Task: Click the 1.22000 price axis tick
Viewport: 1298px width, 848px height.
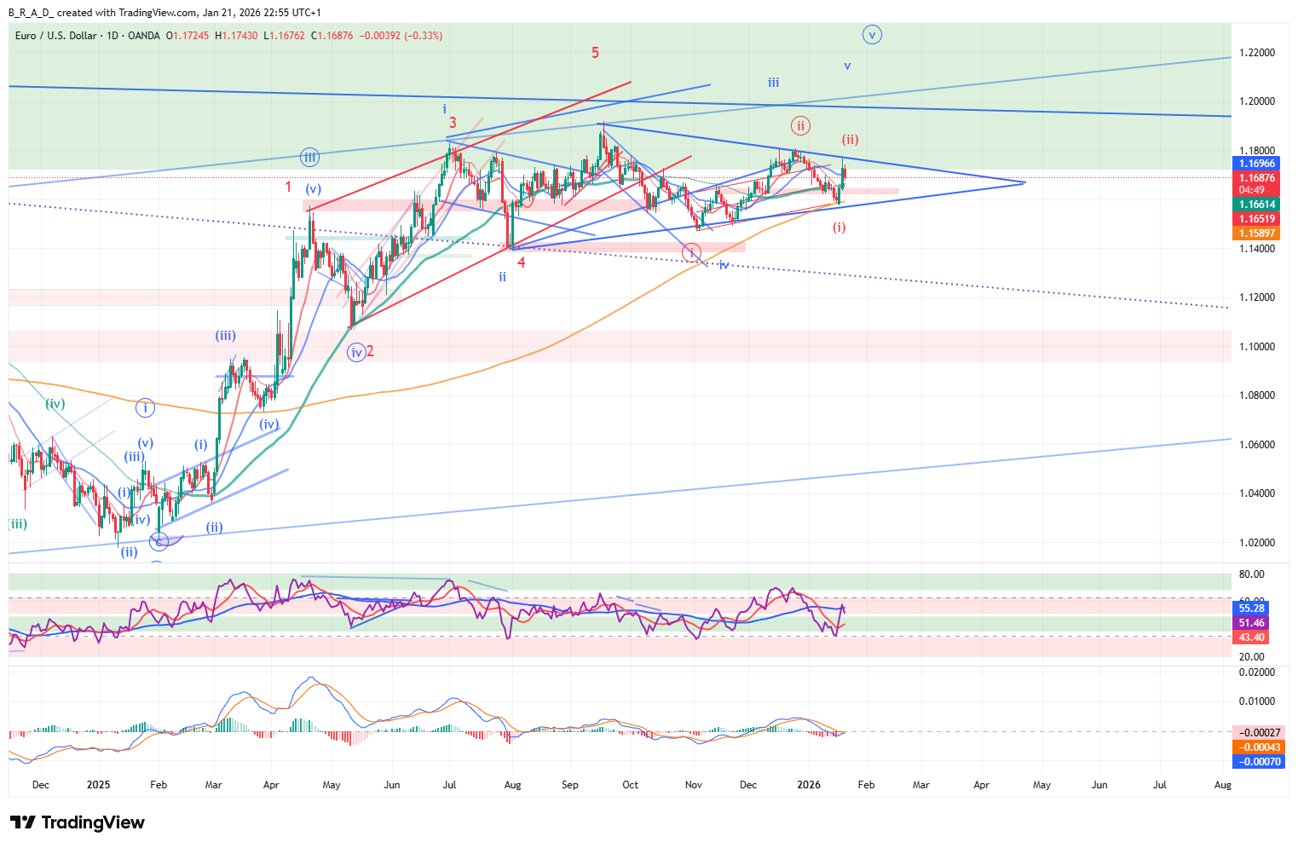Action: (1256, 53)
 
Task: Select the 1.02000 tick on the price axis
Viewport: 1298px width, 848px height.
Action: (1256, 543)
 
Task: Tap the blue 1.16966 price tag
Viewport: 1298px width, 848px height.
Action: (1257, 164)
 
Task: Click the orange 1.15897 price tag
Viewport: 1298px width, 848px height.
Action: (1257, 234)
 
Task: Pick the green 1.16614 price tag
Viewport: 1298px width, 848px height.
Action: (1257, 205)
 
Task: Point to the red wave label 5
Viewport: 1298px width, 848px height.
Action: (595, 53)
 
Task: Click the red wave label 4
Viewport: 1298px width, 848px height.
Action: (522, 262)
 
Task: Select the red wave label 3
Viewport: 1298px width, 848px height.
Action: (453, 123)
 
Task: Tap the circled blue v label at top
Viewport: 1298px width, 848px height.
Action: (871, 35)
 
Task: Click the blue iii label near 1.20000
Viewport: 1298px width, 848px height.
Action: (773, 83)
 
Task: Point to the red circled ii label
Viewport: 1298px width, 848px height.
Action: (799, 126)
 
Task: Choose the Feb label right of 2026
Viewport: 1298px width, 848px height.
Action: (866, 785)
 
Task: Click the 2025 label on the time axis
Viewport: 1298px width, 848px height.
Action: (98, 785)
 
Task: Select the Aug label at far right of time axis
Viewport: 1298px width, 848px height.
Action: (1222, 785)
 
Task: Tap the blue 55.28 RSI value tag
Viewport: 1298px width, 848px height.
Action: (1251, 609)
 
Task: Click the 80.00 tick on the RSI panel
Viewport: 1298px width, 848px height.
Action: (1251, 574)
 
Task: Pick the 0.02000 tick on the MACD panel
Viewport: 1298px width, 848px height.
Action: (1256, 672)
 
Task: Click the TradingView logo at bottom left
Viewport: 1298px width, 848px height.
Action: (78, 822)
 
